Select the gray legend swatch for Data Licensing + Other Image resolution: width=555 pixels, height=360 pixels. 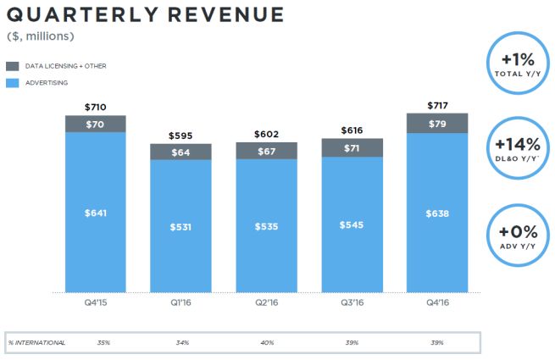point(13,66)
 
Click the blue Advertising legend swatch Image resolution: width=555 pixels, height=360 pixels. point(13,83)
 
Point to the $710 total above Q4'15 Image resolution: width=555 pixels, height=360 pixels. point(96,108)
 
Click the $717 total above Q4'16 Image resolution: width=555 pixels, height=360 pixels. point(437,105)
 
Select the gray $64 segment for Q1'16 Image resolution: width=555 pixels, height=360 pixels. point(180,152)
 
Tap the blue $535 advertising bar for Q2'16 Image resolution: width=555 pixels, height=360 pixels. point(266,226)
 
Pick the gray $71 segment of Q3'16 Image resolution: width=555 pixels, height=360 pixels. point(352,148)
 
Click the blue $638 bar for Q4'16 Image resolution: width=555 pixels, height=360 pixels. point(437,213)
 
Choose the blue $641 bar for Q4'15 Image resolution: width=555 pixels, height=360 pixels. point(96,213)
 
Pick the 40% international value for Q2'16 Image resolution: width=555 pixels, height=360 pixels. point(266,342)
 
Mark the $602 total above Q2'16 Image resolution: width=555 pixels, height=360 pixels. point(266,133)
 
